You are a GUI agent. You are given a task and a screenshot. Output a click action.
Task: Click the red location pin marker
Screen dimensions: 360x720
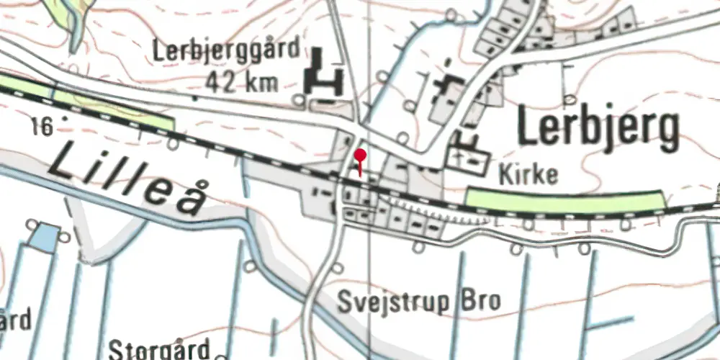pyautogui.click(x=360, y=156)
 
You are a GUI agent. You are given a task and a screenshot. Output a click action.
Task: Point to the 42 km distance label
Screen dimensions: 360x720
pyautogui.click(x=240, y=82)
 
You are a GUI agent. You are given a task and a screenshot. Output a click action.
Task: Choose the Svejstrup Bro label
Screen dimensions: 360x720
pyautogui.click(x=420, y=301)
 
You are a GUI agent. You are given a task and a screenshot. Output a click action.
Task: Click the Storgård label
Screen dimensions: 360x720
pyautogui.click(x=160, y=349)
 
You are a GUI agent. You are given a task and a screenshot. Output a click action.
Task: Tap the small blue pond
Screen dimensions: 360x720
pyautogui.click(x=45, y=237)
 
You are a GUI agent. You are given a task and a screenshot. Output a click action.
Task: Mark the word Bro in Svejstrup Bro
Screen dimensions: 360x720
pyautogui.click(x=480, y=301)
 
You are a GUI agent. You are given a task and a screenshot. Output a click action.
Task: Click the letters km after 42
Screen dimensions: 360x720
pyautogui.click(x=261, y=82)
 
